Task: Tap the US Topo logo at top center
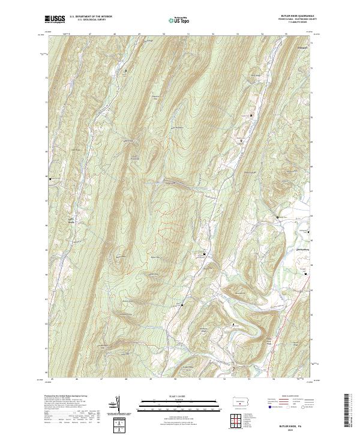pos(179,20)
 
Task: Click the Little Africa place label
pos(73,220)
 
